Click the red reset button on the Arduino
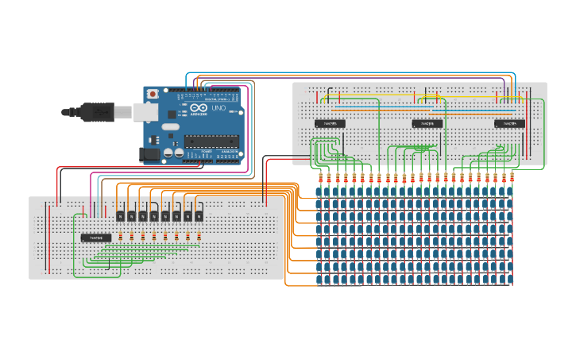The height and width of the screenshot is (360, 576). (x=152, y=94)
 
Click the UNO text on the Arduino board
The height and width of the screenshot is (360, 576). (x=218, y=108)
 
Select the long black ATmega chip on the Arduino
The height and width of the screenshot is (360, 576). (x=211, y=141)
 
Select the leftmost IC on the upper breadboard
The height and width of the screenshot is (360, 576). (x=330, y=123)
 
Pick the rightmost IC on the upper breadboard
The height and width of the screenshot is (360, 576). (x=509, y=123)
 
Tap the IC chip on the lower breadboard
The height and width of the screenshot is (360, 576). (x=95, y=237)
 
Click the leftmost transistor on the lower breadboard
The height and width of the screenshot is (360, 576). (x=121, y=215)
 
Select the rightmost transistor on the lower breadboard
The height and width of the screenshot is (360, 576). (x=199, y=215)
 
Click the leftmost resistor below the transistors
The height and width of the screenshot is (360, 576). (x=121, y=236)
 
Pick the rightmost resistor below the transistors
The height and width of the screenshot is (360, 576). (x=199, y=236)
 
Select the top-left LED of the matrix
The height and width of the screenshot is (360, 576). (x=321, y=193)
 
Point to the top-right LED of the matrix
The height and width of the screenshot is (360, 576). (x=510, y=193)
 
